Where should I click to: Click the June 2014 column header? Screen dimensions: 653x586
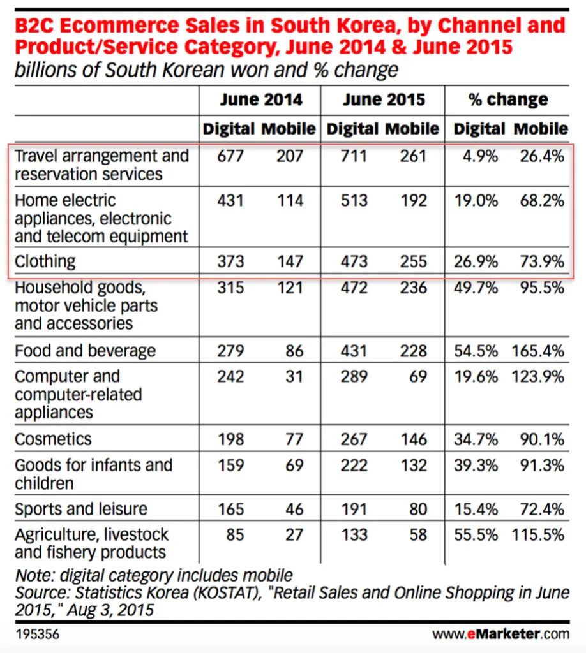point(260,100)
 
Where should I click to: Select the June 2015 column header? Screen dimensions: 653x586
point(383,100)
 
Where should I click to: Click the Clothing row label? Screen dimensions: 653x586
point(45,261)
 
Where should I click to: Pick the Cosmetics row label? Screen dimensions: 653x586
point(53,439)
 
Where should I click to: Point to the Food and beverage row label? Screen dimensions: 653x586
point(85,351)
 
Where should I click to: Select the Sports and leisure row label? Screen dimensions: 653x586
point(81,509)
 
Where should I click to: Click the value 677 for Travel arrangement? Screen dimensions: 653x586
point(230,156)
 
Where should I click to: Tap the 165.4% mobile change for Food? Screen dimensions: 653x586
point(537,351)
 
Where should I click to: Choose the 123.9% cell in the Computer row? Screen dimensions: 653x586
point(537,376)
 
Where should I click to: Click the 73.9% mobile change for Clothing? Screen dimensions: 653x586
point(542,261)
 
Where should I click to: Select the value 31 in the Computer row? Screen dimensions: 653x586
point(294,376)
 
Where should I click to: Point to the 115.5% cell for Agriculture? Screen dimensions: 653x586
point(537,534)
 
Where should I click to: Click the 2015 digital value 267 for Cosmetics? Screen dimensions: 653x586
point(354,439)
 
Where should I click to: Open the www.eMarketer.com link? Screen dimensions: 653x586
point(500,635)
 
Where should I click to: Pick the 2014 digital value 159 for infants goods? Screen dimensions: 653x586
point(230,465)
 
